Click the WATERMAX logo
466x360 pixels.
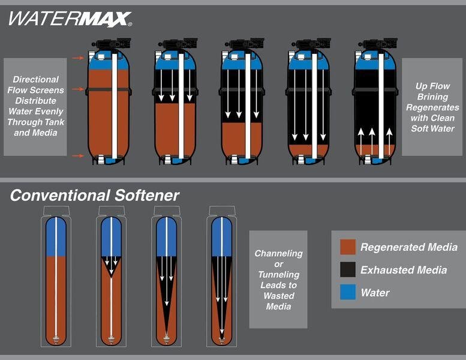coord(70,19)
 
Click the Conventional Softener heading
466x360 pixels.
coord(95,196)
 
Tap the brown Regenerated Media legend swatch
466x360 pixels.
coord(348,247)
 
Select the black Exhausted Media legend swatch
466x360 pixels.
coord(348,269)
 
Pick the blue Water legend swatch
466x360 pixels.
coord(348,292)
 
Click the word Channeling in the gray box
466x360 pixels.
coord(278,253)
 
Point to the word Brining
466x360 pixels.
coord(432,97)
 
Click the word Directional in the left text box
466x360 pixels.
coord(35,79)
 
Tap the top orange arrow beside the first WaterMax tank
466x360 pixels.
coord(78,58)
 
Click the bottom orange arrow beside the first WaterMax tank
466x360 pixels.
coord(78,156)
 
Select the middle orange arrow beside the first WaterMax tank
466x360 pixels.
coord(78,89)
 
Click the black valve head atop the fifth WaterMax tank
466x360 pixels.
coord(378,43)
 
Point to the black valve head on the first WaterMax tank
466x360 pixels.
coord(112,43)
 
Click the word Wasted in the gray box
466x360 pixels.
coord(279,296)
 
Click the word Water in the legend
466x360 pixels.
coord(375,293)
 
